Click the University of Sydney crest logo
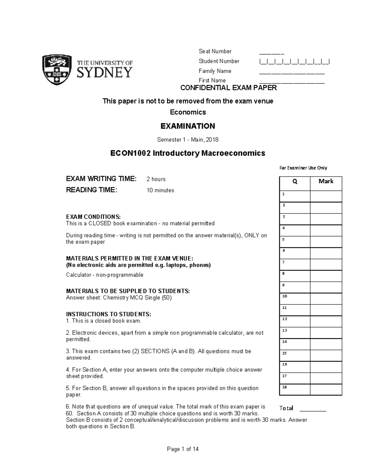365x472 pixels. (57, 70)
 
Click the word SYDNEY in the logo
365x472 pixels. (105, 73)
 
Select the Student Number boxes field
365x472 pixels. (294, 62)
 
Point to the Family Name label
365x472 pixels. (215, 71)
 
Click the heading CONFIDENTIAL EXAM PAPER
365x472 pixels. (228, 88)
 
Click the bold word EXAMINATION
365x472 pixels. (188, 126)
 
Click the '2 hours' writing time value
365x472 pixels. (156, 179)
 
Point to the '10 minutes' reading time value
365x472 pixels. (160, 191)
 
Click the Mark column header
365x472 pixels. (326, 181)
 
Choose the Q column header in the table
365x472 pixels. (295, 182)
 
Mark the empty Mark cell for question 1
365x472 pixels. (326, 196)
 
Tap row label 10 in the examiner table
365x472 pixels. (285, 296)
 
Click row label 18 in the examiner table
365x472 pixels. (285, 387)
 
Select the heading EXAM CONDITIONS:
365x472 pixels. (93, 217)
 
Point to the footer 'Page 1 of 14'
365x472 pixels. (183, 449)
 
